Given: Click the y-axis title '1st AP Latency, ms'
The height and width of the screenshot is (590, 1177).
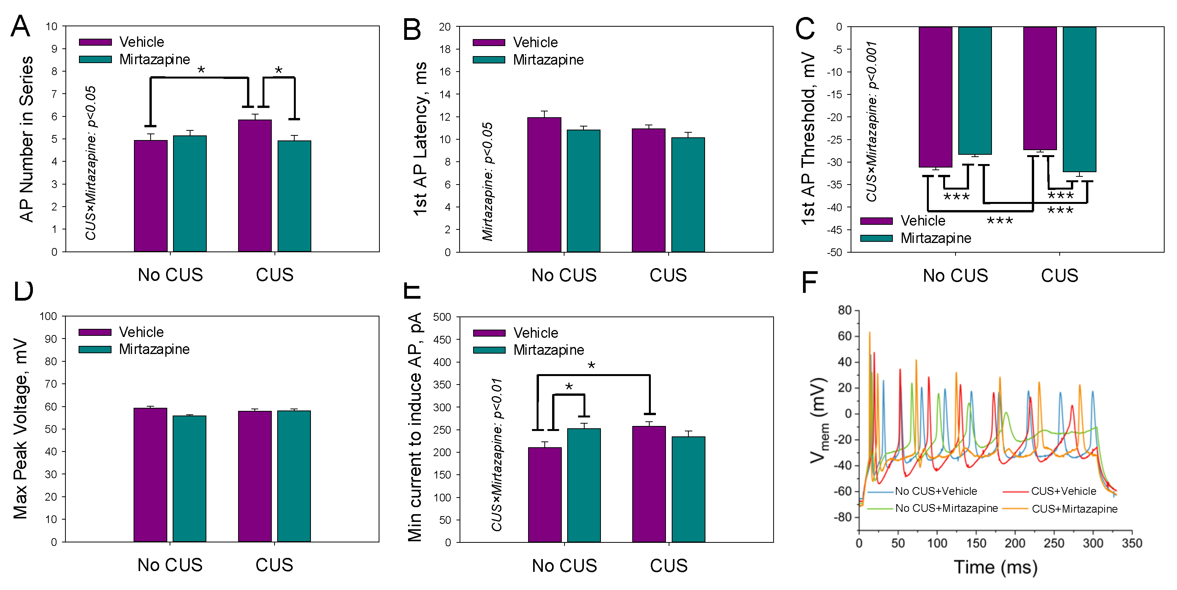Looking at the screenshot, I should coord(420,139).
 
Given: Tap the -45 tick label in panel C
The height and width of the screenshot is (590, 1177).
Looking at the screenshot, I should coord(834,230).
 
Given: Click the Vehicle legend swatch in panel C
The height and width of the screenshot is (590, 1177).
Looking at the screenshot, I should coord(876,221).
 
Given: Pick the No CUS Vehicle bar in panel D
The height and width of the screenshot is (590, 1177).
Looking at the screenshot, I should coord(150,475).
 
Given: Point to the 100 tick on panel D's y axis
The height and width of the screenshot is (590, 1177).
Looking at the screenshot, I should coord(48,316).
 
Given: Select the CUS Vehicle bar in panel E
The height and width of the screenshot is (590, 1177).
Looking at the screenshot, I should coord(649,484).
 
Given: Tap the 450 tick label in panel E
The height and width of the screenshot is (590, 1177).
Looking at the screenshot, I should coord(442,340).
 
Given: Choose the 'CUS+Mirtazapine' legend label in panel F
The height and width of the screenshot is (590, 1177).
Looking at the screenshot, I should coord(1075,509).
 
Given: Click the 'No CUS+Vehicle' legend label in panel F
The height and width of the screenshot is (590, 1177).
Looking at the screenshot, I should coord(936,491).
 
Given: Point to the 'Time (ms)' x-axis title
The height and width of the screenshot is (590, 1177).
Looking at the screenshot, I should coord(995,567).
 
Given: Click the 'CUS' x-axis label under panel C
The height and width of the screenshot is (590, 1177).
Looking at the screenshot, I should coord(1059,276).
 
